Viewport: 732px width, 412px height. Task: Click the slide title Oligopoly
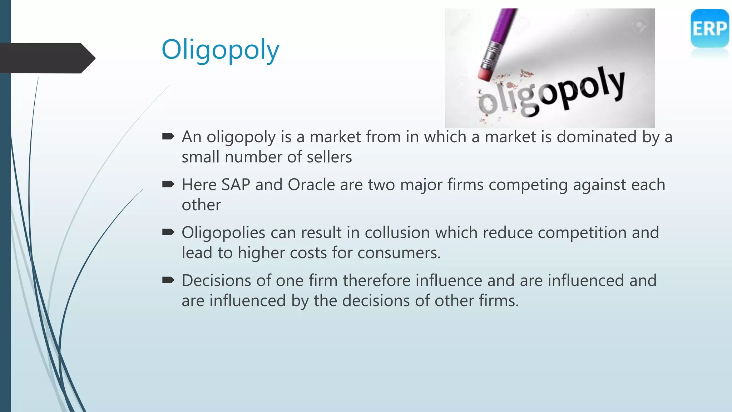pos(220,50)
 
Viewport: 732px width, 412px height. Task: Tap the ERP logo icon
pos(709,29)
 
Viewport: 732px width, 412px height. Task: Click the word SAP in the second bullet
pos(236,185)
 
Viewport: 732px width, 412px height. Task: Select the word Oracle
pos(311,185)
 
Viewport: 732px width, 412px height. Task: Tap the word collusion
pos(397,233)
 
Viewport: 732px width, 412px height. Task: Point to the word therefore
pos(377,281)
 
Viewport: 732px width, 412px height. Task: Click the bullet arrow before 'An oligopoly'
pos(168,136)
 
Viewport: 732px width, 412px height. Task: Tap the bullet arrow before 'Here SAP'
pos(168,184)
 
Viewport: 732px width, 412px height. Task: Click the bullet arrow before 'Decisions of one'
pos(168,280)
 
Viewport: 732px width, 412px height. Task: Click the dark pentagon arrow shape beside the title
pos(46,58)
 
